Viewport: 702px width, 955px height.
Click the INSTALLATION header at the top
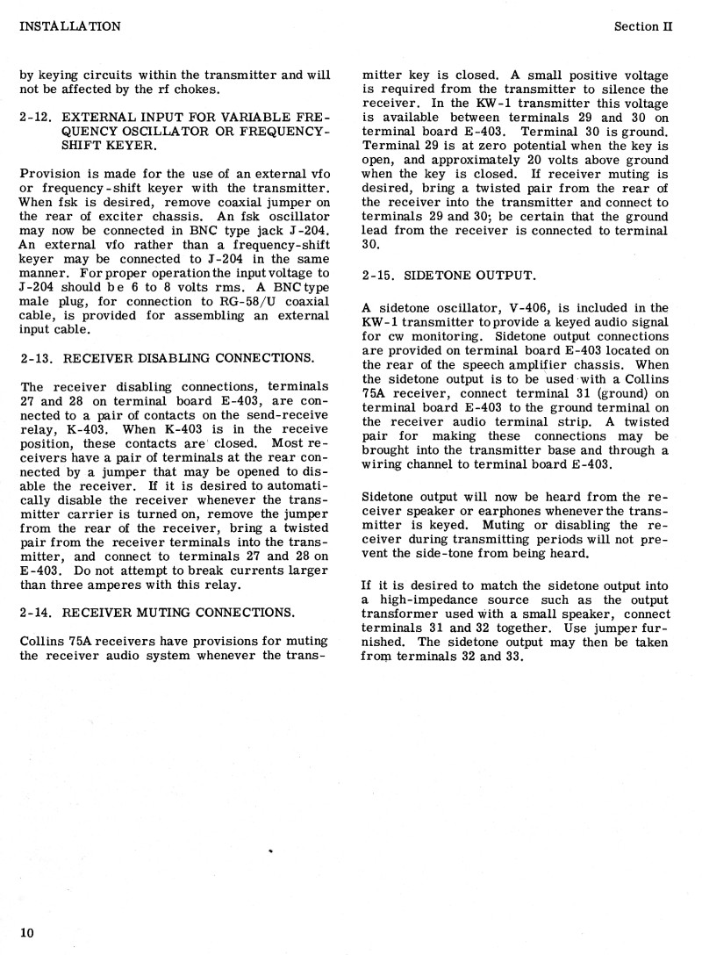(x=70, y=26)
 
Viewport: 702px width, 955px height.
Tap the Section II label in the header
(x=642, y=26)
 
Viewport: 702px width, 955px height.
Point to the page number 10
(x=26, y=932)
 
